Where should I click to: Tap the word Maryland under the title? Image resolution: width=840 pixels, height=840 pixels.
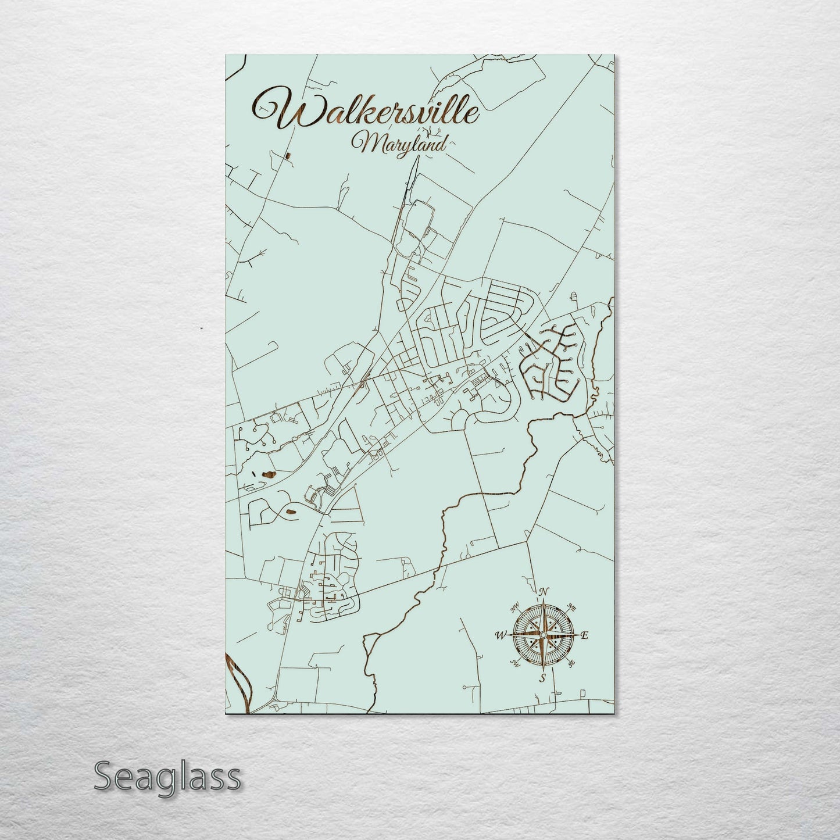[x=401, y=143]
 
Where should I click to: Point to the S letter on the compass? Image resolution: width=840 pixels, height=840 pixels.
[x=542, y=678]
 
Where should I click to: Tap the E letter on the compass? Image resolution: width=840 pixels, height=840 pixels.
[x=584, y=635]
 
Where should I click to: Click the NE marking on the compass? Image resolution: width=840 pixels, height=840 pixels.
[x=572, y=609]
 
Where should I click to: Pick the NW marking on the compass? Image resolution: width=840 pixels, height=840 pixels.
[x=514, y=609]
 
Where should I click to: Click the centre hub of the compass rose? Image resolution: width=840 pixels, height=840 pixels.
[x=542, y=635]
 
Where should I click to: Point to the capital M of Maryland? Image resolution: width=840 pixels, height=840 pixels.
[x=364, y=143]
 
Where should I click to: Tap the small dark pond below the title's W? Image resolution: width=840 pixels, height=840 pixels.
[x=288, y=155]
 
